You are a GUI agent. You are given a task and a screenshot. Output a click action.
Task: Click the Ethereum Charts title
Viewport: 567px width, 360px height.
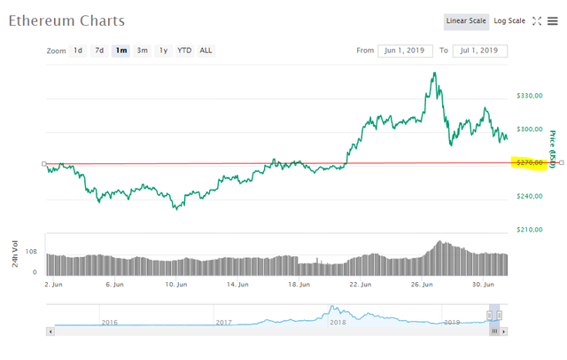tap(67, 20)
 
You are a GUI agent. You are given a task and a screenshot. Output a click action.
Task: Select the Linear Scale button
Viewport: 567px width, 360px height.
tap(466, 20)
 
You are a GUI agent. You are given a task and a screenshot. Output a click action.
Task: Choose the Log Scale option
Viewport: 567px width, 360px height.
tap(509, 20)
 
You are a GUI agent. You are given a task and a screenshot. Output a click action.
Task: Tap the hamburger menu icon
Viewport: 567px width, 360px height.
tap(553, 21)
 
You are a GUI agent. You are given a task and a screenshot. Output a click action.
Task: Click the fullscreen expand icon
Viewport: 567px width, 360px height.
tap(536, 21)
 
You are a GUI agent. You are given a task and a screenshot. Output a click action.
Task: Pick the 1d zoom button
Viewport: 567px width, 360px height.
tap(79, 51)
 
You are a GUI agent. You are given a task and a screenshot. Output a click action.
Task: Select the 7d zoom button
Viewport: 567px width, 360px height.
tap(100, 51)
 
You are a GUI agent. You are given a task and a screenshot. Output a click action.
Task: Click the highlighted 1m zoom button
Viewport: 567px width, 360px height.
tap(120, 51)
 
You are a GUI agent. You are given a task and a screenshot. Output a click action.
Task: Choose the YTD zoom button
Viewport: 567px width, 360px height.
tap(184, 51)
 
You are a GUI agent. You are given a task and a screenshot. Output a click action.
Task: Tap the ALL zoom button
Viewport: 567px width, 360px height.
tap(206, 51)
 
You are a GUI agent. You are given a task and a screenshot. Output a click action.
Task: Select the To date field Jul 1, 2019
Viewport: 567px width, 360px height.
tap(481, 51)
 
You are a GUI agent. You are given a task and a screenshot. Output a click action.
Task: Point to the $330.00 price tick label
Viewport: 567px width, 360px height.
tap(530, 96)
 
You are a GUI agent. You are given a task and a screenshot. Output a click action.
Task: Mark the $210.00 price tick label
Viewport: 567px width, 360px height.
tap(530, 230)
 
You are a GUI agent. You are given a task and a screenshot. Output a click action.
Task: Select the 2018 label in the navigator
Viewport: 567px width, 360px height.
tap(337, 322)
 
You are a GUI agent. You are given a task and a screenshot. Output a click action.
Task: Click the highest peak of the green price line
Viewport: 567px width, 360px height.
tap(433, 73)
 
